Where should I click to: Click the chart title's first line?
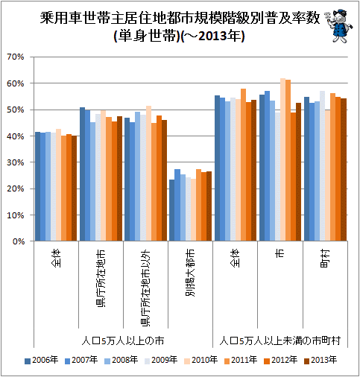(x=180, y=18)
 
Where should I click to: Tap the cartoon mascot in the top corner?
(x=340, y=26)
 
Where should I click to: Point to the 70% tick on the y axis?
(x=16, y=57)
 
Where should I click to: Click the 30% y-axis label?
(x=16, y=162)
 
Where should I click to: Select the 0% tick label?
(x=19, y=241)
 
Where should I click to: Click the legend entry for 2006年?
(x=41, y=360)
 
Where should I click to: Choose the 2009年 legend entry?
(x=161, y=360)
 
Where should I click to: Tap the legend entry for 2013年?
(x=320, y=360)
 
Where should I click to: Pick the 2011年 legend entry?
(x=241, y=360)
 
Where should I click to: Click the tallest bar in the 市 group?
(x=282, y=159)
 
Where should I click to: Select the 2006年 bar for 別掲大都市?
(x=171, y=210)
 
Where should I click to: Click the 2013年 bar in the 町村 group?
(x=344, y=170)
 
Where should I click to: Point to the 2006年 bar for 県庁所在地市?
(x=82, y=174)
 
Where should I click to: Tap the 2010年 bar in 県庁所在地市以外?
(x=148, y=174)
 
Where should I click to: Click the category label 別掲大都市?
(x=190, y=273)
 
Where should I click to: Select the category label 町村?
(x=325, y=259)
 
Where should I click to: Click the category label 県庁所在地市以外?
(x=145, y=288)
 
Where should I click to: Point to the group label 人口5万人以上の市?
(x=123, y=340)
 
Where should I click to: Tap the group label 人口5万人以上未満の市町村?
(x=280, y=340)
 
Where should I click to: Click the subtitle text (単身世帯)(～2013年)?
(x=180, y=37)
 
